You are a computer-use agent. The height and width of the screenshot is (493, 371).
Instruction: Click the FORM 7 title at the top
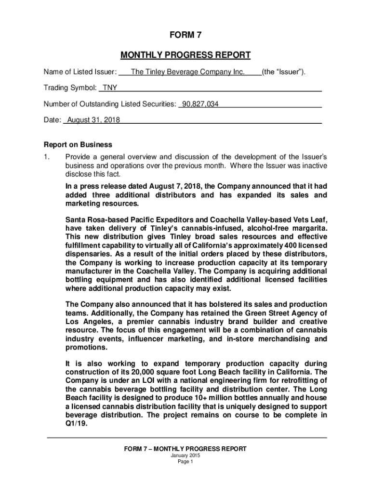[185, 35]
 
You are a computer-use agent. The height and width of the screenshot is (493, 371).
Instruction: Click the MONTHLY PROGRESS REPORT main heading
[185, 55]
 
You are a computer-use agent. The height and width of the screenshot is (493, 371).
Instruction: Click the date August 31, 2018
[94, 120]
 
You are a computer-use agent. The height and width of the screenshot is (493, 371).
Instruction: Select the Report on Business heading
[78, 144]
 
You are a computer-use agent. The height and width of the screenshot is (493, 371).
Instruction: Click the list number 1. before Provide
[47, 157]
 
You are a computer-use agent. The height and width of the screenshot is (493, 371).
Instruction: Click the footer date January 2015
[185, 455]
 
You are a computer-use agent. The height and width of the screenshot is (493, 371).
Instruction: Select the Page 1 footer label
[185, 462]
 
